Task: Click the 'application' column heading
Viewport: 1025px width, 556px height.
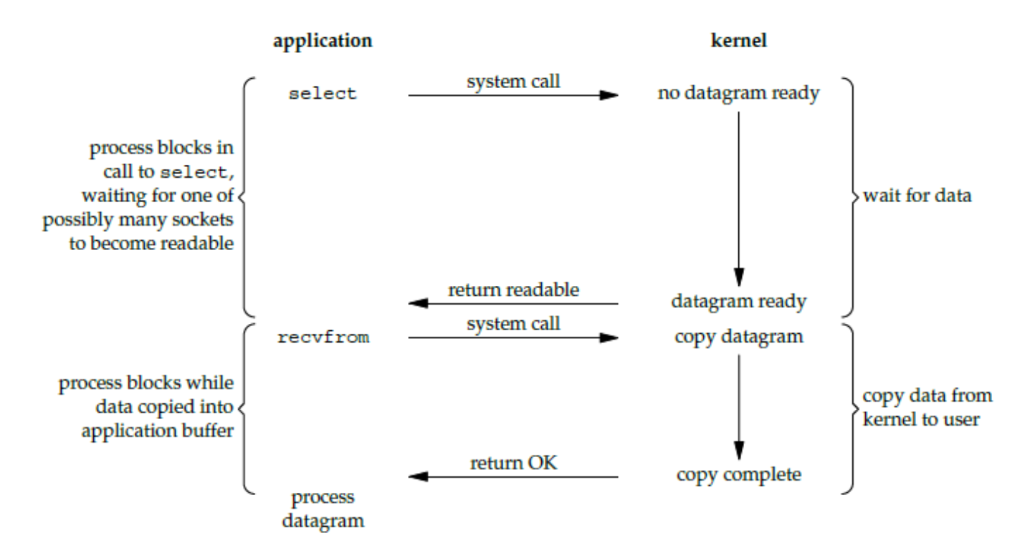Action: click(322, 40)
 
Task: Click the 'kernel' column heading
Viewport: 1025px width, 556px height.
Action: click(738, 40)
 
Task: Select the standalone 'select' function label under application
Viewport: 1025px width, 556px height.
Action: click(322, 94)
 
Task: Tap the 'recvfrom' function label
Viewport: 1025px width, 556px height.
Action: click(323, 337)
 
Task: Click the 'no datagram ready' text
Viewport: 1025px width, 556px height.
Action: click(738, 94)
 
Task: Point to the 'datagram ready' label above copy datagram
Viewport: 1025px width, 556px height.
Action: click(738, 302)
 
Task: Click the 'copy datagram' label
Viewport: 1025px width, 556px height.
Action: click(738, 337)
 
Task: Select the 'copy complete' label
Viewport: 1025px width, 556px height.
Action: click(738, 474)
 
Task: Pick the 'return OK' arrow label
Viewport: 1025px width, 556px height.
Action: click(513, 463)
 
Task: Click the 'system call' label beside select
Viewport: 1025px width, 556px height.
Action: click(513, 82)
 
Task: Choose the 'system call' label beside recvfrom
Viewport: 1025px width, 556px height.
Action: click(513, 324)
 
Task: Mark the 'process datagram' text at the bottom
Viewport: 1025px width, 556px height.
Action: click(323, 508)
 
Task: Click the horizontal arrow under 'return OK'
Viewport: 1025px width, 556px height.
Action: click(513, 476)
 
